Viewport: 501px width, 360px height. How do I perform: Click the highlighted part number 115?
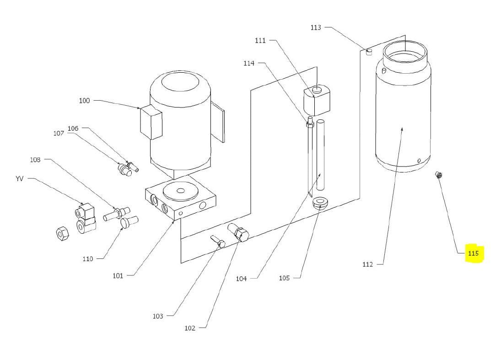[x=473, y=253]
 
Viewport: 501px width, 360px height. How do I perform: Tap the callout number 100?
[x=84, y=101]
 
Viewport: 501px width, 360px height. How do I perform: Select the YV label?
[x=20, y=178]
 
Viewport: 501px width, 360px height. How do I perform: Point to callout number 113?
[x=316, y=27]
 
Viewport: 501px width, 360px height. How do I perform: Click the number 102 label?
[x=190, y=328]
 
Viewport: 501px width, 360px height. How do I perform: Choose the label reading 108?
[x=35, y=159]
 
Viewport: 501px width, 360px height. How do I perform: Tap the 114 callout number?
[x=249, y=63]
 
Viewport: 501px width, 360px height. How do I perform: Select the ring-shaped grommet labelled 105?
[x=320, y=203]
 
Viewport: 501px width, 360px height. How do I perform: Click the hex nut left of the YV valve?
[x=62, y=234]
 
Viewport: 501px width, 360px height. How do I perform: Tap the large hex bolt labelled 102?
[x=238, y=232]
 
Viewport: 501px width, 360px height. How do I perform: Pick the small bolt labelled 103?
[x=218, y=242]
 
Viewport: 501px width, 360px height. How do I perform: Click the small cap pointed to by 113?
[x=369, y=51]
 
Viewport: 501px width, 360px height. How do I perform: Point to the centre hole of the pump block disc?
[x=181, y=191]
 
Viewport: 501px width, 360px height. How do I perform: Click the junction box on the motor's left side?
[x=151, y=122]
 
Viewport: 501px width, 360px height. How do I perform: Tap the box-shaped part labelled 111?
[x=316, y=100]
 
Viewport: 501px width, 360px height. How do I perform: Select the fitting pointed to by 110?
[x=129, y=221]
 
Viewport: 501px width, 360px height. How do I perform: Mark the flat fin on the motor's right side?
[x=218, y=121]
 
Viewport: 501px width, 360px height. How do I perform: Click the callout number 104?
[x=241, y=279]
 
